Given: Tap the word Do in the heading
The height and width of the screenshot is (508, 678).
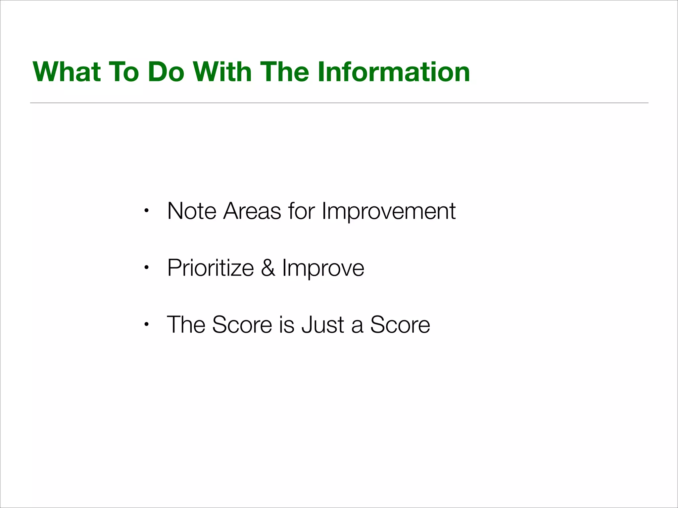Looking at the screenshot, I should (x=166, y=72).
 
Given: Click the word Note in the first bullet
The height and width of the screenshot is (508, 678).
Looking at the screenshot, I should (x=192, y=211).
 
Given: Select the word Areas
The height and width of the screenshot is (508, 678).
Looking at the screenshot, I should (x=252, y=211).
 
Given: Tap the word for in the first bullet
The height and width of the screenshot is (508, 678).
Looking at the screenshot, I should (x=301, y=211).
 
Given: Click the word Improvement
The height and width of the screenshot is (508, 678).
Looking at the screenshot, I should (x=389, y=211).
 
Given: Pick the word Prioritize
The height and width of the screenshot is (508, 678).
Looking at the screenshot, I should (x=211, y=268).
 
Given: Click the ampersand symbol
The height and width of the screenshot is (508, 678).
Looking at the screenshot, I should (x=268, y=268).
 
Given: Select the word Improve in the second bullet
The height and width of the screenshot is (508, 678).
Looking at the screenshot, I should (x=323, y=268).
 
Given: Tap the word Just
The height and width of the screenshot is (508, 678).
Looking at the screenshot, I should (x=323, y=325).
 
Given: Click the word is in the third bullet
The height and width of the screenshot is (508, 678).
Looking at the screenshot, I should (x=286, y=325).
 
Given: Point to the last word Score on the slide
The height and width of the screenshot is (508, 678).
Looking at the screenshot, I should (x=400, y=325).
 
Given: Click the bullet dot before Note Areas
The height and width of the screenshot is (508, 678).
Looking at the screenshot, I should (x=146, y=211).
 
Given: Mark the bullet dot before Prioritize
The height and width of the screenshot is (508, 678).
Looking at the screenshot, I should (x=146, y=268).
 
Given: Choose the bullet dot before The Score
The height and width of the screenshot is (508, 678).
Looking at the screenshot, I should (x=146, y=324).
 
